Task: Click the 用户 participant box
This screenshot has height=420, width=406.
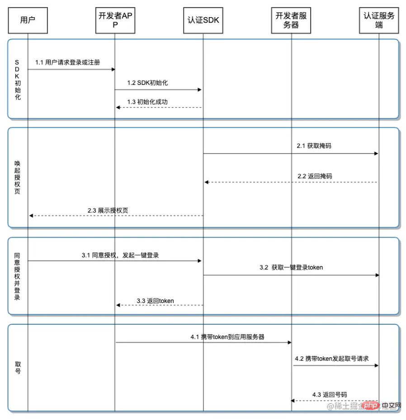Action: (28, 20)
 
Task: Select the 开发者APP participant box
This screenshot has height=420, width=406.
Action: (115, 20)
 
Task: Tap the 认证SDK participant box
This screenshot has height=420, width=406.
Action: (203, 20)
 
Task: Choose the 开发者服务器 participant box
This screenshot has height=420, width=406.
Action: (291, 20)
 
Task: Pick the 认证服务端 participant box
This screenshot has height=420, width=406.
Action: (379, 20)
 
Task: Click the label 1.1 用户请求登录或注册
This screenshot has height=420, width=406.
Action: (68, 62)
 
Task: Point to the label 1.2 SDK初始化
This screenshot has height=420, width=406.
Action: (148, 83)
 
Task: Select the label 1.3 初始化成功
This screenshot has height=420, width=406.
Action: (147, 102)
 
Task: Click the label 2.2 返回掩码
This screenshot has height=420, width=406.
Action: (315, 176)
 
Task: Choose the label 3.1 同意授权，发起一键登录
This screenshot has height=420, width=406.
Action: (120, 255)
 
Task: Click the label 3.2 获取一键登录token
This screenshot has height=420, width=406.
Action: (291, 267)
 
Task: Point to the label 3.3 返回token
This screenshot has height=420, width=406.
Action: (156, 300)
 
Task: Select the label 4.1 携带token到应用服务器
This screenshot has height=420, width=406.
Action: (227, 336)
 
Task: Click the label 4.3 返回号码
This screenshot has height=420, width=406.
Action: (330, 394)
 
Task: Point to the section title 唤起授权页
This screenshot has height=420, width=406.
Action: (17, 177)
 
